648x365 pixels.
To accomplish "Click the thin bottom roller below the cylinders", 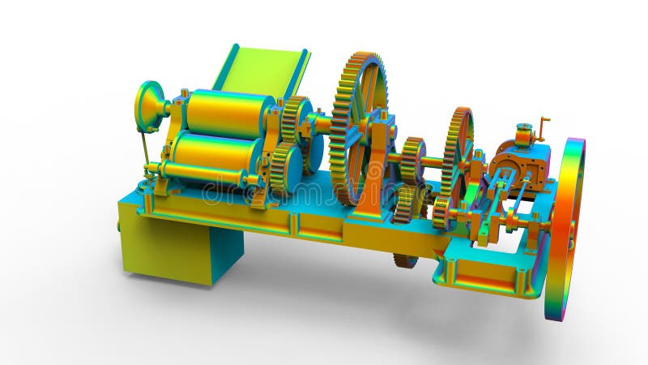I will point(202,174).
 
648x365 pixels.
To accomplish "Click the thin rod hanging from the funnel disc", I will point(145,149).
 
